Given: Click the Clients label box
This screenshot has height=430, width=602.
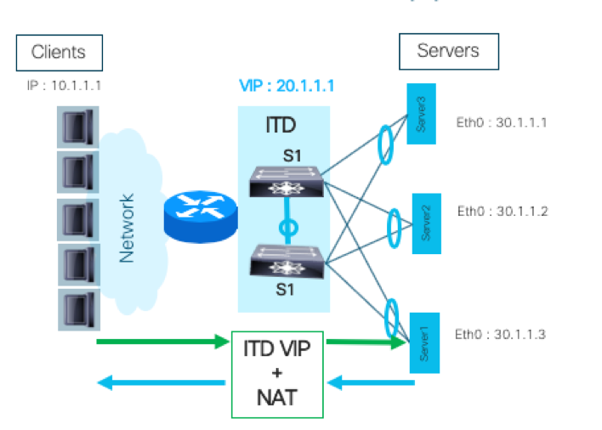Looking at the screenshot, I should click(x=59, y=52).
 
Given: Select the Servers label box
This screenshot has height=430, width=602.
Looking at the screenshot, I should click(x=448, y=52).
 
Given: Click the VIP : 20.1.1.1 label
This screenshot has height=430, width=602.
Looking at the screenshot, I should click(x=287, y=87).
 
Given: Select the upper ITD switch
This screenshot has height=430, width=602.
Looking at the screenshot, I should click(x=285, y=180).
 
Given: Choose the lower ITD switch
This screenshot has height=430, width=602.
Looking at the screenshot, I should click(x=285, y=260).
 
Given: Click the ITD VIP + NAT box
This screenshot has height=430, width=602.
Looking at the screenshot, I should click(x=277, y=374).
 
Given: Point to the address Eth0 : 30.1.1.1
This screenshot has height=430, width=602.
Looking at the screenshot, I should click(x=502, y=122).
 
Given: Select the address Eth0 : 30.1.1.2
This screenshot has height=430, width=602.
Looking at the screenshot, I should click(x=503, y=211).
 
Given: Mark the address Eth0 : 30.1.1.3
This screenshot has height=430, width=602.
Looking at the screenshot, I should click(x=500, y=334).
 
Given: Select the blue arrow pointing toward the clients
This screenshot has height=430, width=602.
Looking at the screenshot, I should click(x=162, y=382).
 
